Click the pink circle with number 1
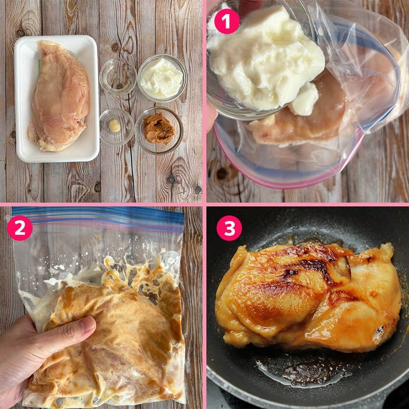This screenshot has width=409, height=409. click(x=227, y=22)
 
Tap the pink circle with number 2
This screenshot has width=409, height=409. click(x=20, y=228)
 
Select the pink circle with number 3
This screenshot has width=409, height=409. click(x=229, y=228)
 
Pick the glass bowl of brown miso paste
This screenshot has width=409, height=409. click(x=159, y=129)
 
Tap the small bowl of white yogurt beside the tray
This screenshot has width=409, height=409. click(x=162, y=78)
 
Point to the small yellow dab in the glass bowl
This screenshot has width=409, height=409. click(x=115, y=126)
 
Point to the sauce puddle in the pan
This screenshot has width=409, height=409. click(x=304, y=371)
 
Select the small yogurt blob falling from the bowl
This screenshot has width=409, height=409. click(x=305, y=99)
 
